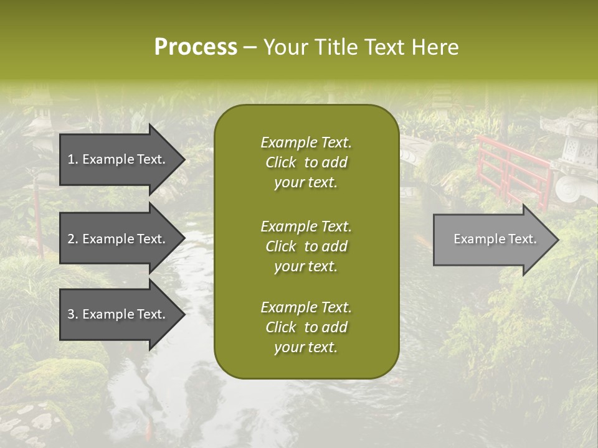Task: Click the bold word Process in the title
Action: pos(196,47)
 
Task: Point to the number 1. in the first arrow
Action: pos(73,159)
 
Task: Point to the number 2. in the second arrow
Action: pos(73,239)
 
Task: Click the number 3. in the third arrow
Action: pos(73,314)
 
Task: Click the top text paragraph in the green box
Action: pos(306,162)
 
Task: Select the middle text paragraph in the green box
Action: pos(306,246)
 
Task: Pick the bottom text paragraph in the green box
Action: pos(306,327)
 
